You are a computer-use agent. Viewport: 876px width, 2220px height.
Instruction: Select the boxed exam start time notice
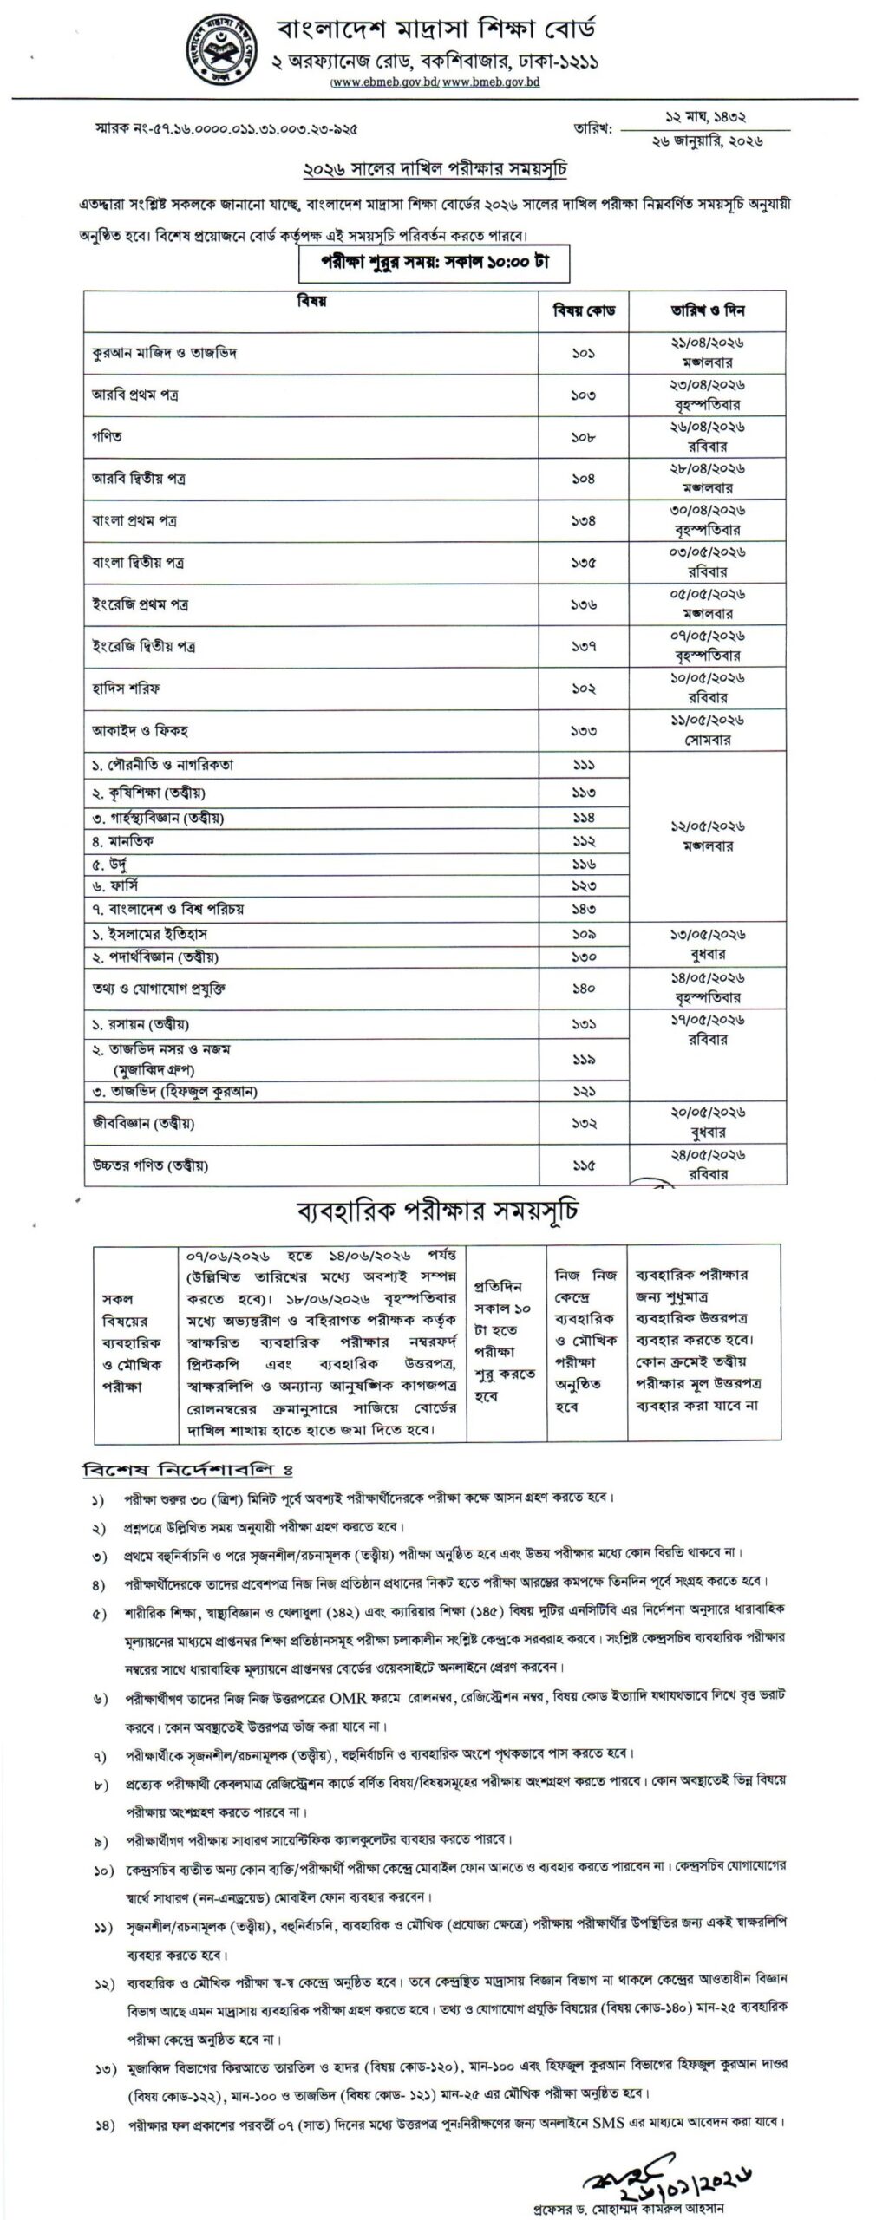coord(434,264)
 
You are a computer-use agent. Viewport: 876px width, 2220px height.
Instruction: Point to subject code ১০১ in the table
coord(584,353)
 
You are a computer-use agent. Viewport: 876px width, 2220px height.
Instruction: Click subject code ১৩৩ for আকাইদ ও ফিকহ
coord(584,730)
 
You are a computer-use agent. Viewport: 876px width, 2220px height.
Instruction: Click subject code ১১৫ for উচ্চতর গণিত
coord(584,1164)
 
